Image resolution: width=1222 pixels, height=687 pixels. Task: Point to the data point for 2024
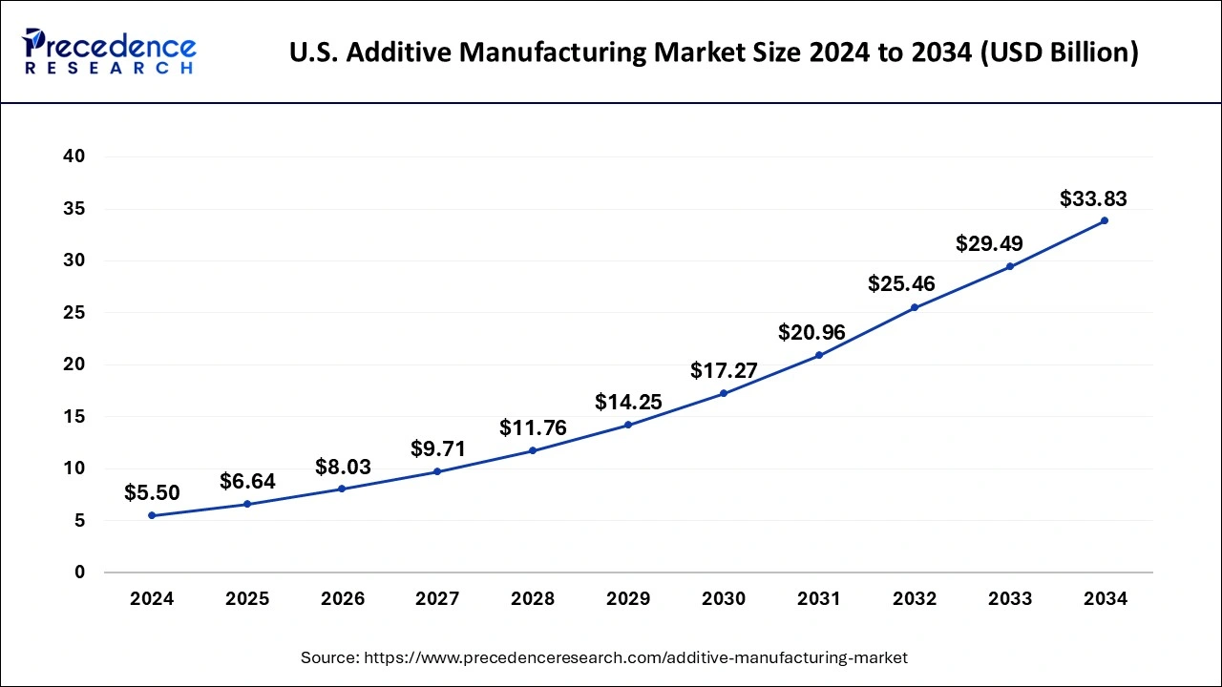pos(152,515)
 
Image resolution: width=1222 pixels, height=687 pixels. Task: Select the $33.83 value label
pos(1093,199)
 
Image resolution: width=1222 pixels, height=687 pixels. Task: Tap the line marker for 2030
pos(724,393)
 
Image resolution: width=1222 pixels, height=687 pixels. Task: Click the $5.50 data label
pos(152,493)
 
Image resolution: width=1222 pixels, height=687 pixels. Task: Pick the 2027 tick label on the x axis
pos(437,599)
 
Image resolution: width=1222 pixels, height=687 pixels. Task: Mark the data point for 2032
pos(914,307)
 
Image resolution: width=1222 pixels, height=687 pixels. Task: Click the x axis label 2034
pos(1105,599)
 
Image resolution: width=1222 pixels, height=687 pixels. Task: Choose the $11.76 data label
pos(533,428)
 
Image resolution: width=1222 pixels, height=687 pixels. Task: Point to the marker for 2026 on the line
pos(342,489)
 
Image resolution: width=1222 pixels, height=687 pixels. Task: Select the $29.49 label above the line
pos(989,244)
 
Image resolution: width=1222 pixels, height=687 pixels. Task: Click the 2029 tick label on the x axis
pos(628,599)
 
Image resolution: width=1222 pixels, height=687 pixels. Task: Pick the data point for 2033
pos(1009,266)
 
